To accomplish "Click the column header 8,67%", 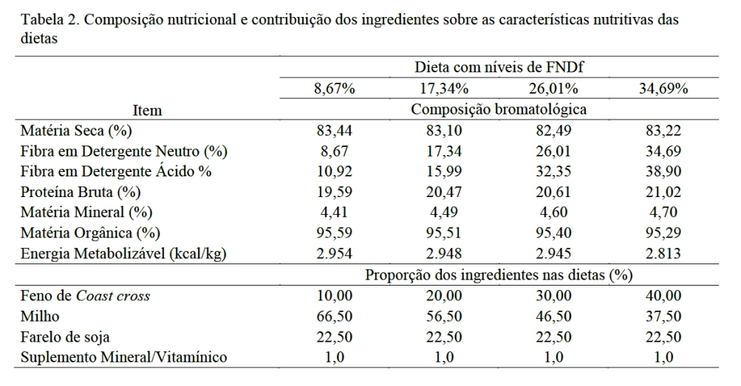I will (x=334, y=89).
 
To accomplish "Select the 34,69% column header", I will (x=663, y=89).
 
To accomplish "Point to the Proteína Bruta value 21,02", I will (x=663, y=192).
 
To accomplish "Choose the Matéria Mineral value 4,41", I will (x=334, y=213).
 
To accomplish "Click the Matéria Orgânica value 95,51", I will (x=444, y=232).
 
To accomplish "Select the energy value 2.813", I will (x=663, y=253).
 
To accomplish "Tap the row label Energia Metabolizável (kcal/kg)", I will (x=123, y=253).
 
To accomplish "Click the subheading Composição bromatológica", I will (x=499, y=110).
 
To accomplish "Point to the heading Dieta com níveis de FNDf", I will (x=499, y=68).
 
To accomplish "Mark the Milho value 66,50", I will (x=334, y=317).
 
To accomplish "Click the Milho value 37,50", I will (x=663, y=317).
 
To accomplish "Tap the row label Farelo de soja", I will (x=65, y=337).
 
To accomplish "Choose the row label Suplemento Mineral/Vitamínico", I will (x=123, y=358).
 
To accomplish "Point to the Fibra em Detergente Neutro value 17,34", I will (x=444, y=151).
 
